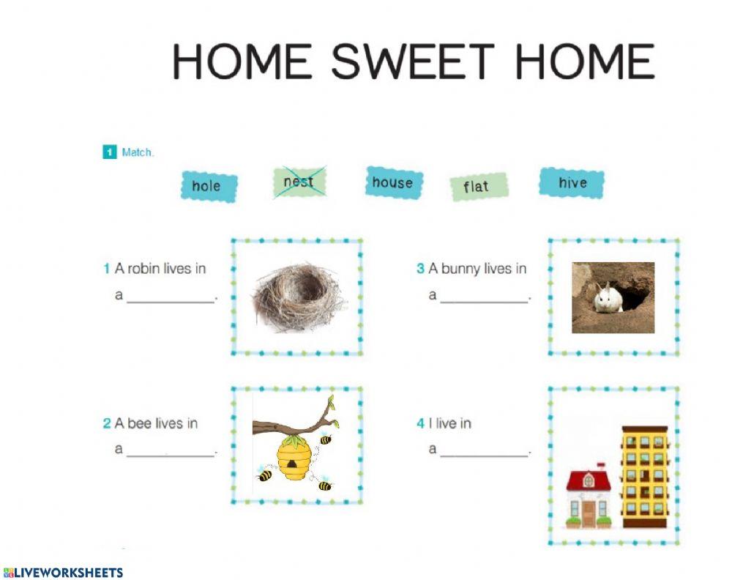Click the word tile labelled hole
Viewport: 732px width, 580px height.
pos(209,187)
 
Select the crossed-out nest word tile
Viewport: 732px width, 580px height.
pos(299,182)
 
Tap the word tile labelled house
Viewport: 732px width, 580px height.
pos(393,182)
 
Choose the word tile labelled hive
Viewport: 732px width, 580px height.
pos(572,183)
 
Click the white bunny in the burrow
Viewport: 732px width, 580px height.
pos(608,298)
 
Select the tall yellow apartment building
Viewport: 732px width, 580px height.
pos(645,476)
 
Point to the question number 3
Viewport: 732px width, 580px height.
pos(420,269)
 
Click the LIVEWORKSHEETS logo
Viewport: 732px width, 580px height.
pos(63,573)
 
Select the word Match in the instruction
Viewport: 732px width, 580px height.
pos(137,152)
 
